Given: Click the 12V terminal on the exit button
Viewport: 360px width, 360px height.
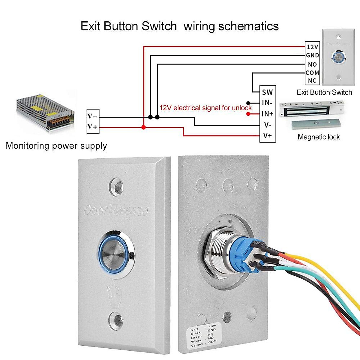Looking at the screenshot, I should click(x=312, y=47).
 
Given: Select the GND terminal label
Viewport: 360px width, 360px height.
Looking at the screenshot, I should click(x=312, y=55).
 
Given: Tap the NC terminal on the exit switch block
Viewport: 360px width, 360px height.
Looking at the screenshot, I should click(x=312, y=81).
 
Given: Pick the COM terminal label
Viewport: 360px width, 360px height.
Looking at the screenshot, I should click(x=312, y=73).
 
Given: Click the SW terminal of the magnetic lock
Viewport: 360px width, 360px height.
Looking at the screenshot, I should click(x=267, y=92).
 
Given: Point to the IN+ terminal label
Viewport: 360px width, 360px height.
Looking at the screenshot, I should click(x=267, y=114).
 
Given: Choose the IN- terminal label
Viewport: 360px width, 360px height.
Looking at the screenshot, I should click(x=267, y=103).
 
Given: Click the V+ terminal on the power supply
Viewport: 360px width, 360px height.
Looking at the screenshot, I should click(x=92, y=127).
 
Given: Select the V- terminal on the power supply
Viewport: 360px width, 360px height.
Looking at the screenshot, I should click(x=92, y=116).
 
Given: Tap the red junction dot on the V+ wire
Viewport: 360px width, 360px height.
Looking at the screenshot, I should click(x=144, y=127).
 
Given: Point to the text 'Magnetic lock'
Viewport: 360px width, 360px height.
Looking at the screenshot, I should click(x=319, y=137).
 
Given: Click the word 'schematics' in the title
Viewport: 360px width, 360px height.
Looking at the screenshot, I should click(x=248, y=26).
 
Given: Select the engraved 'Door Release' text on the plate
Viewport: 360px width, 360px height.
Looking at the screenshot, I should click(x=116, y=210).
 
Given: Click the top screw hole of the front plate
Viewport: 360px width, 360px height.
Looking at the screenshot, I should click(x=116, y=186).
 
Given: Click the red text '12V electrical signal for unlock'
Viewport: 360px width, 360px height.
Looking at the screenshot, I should click(x=205, y=108).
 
